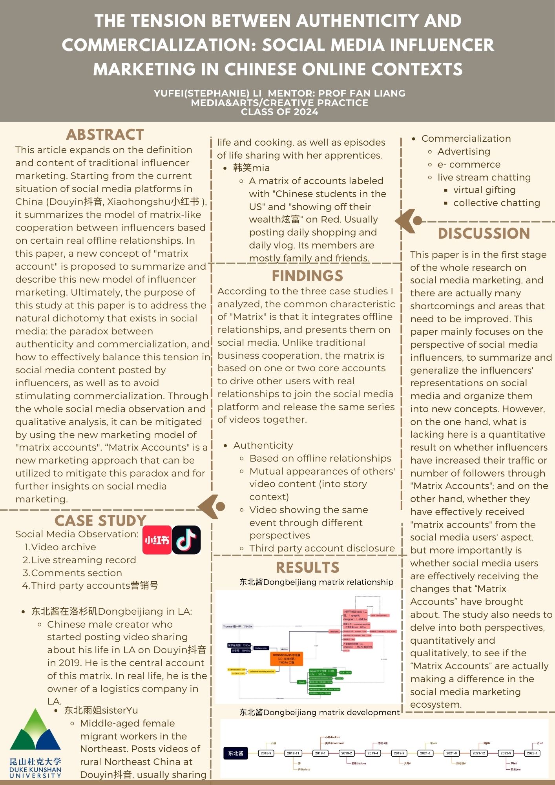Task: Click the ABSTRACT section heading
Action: tap(105, 135)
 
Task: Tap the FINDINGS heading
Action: tap(307, 276)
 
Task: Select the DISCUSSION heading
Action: tap(484, 234)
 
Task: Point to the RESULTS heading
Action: tap(307, 568)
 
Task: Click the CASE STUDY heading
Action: tap(100, 521)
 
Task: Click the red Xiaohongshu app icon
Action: tap(157, 540)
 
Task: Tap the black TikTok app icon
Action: tap(186, 540)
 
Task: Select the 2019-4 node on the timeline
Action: tap(372, 753)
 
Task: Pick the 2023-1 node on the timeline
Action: tap(532, 753)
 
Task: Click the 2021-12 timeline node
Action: tap(478, 753)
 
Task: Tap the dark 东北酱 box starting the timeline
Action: tap(236, 753)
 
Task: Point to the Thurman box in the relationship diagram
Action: tap(237, 626)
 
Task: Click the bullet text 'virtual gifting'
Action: tap(484, 190)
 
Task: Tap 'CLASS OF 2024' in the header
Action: tap(279, 112)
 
